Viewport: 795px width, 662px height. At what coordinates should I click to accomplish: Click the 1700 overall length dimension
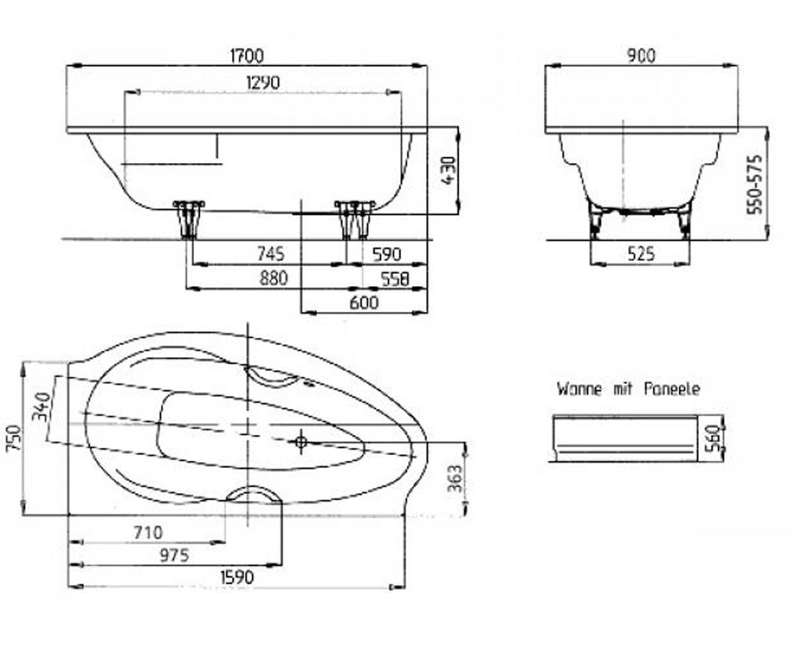[x=246, y=56]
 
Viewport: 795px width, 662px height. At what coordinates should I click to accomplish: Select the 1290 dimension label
[x=263, y=83]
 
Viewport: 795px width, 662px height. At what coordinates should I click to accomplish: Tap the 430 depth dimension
[x=449, y=170]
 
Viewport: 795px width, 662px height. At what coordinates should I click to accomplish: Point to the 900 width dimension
[x=641, y=56]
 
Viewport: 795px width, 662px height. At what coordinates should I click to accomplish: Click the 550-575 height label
[x=755, y=185]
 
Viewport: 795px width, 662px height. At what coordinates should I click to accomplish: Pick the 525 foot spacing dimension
[x=641, y=254]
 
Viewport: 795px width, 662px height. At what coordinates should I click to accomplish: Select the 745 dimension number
[x=271, y=254]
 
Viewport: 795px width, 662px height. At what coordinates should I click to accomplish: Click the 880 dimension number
[x=274, y=279]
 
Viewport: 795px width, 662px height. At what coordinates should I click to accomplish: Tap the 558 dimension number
[x=396, y=279]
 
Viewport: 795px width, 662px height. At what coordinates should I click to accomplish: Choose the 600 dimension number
[x=364, y=303]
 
